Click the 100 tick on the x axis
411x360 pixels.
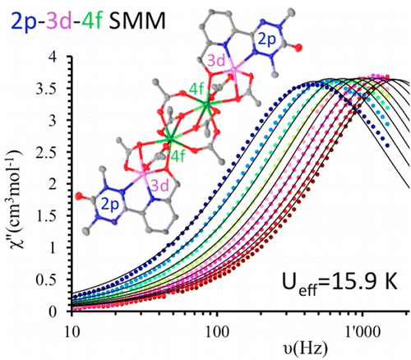[x=217, y=332]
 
